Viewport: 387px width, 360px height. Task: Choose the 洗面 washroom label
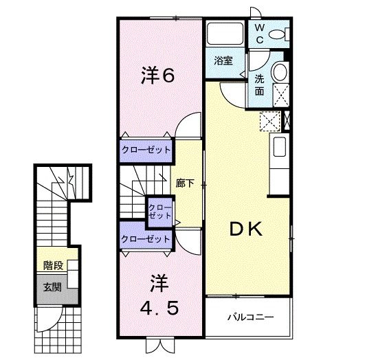click(x=260, y=84)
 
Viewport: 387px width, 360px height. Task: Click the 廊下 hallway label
click(x=185, y=183)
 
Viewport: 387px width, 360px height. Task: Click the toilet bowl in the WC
click(x=278, y=34)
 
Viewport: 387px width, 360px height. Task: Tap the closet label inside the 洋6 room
click(x=146, y=150)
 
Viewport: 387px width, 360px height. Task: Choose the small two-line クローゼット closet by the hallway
click(x=160, y=211)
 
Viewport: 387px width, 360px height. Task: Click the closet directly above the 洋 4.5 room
click(x=146, y=239)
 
